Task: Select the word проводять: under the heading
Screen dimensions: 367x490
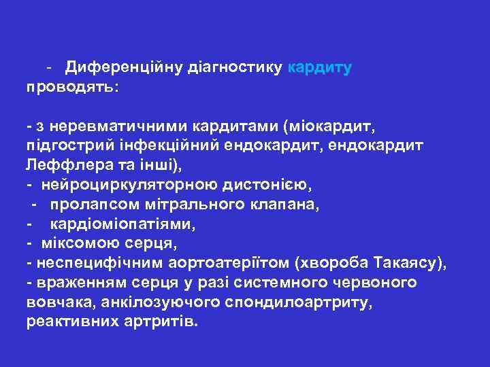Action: pyautogui.click(x=72, y=88)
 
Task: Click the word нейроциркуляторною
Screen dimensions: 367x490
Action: pyautogui.click(x=130, y=184)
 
